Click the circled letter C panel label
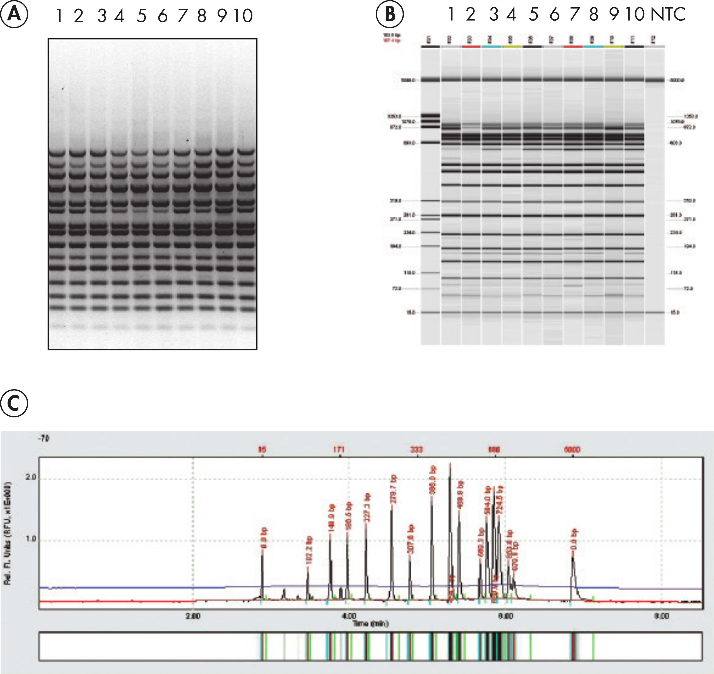coord(14,404)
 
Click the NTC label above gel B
coord(668,14)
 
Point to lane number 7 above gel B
coord(574,14)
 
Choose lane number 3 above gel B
coord(494,14)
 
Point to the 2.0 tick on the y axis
coord(32,477)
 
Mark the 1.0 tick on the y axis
coord(32,539)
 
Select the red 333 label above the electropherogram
coord(417,449)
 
